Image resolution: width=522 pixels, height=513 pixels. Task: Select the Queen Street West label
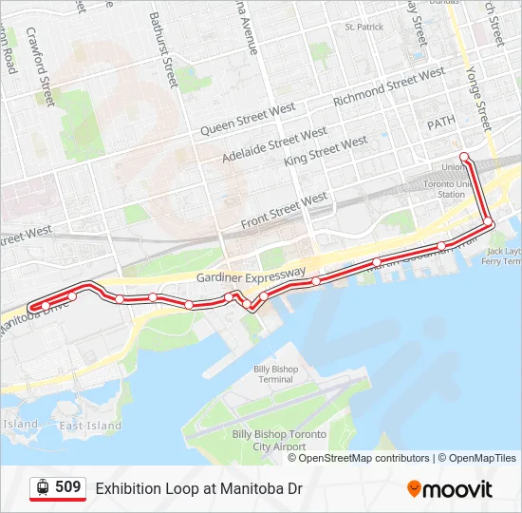(x=246, y=120)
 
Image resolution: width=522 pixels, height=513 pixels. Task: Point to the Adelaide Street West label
(x=274, y=142)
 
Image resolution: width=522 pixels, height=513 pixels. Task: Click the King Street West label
(x=326, y=151)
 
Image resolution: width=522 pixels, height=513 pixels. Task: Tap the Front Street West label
(x=284, y=211)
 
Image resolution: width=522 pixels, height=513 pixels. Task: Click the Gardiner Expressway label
(x=252, y=275)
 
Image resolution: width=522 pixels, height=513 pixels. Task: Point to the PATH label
(x=441, y=123)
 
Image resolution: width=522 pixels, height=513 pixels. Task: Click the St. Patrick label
(x=364, y=27)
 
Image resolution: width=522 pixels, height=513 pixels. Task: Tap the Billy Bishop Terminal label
(x=275, y=374)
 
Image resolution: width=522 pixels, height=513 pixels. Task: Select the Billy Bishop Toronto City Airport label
(x=280, y=440)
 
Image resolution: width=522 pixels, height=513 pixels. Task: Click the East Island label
(x=90, y=426)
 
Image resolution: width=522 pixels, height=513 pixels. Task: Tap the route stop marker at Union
(x=463, y=157)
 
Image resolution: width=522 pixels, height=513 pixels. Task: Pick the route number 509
(x=68, y=488)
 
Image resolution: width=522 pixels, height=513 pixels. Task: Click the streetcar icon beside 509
(x=42, y=488)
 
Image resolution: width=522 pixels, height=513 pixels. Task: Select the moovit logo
(x=450, y=489)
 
